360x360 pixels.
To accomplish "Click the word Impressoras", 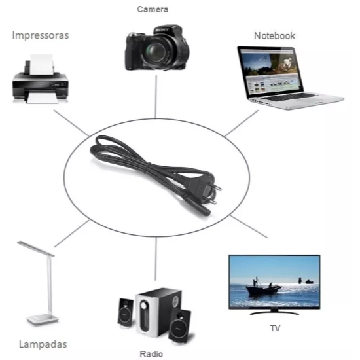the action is pyautogui.click(x=41, y=35).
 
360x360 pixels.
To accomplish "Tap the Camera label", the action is pyautogui.click(x=153, y=9).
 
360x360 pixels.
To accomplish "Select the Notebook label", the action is pyautogui.click(x=274, y=36).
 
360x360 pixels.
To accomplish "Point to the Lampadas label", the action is pyautogui.click(x=43, y=344).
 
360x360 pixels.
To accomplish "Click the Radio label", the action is pyautogui.click(x=151, y=354).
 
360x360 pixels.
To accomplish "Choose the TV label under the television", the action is pyautogui.click(x=275, y=329).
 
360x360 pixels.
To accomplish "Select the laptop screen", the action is pyautogui.click(x=270, y=71).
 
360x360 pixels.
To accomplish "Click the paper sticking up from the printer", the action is pyautogui.click(x=42, y=64).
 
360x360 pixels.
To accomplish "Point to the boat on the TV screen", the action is pyautogui.click(x=263, y=289).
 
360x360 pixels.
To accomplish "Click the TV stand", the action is pyautogui.click(x=274, y=312).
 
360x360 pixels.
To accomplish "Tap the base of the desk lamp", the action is pyautogui.click(x=43, y=319).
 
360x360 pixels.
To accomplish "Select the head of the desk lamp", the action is pyautogui.click(x=35, y=249).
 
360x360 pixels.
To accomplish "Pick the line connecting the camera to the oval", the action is pyautogui.click(x=156, y=97).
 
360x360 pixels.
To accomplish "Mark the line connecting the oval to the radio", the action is pyautogui.click(x=156, y=259).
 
